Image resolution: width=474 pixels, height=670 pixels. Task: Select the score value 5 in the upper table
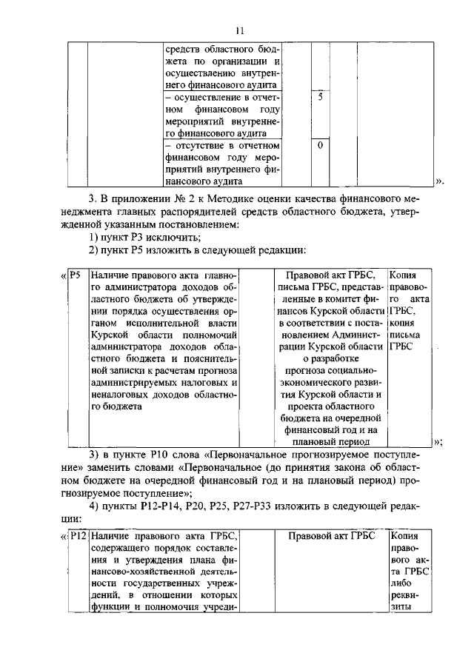pyautogui.click(x=320, y=97)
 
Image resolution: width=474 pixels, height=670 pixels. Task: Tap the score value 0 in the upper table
pyautogui.click(x=320, y=145)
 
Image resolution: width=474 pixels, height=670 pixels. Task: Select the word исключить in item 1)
pyautogui.click(x=176, y=237)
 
